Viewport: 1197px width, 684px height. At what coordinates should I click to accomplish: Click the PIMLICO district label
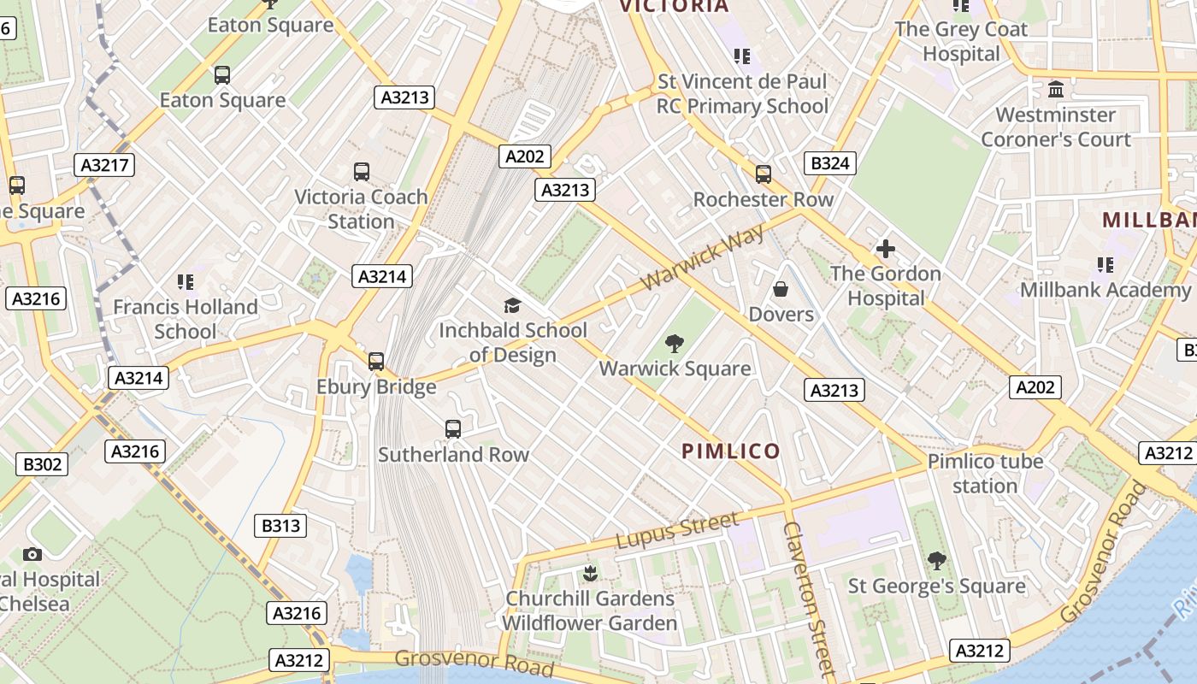(731, 451)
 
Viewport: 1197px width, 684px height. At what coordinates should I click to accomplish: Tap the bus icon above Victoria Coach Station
(362, 172)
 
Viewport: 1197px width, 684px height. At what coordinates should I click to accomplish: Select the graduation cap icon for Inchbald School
(512, 305)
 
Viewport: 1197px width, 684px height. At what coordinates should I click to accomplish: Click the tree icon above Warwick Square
(675, 344)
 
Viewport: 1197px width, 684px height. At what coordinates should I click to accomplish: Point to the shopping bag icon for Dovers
(781, 289)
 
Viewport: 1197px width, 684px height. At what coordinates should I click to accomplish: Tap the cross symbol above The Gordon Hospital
(886, 249)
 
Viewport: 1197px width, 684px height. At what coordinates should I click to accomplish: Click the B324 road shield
(830, 163)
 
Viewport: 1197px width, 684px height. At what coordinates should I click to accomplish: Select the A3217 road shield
(105, 165)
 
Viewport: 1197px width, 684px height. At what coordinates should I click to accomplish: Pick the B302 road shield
(42, 464)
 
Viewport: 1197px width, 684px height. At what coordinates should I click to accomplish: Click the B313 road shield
(281, 525)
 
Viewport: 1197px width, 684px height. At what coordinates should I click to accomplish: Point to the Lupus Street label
(677, 531)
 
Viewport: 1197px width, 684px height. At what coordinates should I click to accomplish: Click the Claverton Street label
(808, 598)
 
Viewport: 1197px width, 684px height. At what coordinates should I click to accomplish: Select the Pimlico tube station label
(985, 474)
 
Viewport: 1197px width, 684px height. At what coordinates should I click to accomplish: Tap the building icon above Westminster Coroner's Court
(1056, 90)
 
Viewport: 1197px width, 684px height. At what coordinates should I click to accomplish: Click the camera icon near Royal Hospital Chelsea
(32, 554)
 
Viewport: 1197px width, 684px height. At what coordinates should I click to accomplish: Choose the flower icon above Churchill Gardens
(589, 573)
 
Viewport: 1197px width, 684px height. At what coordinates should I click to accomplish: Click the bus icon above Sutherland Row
(453, 428)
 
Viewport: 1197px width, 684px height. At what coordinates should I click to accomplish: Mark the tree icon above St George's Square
(937, 561)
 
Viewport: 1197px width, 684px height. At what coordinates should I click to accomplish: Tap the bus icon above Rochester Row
(764, 174)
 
